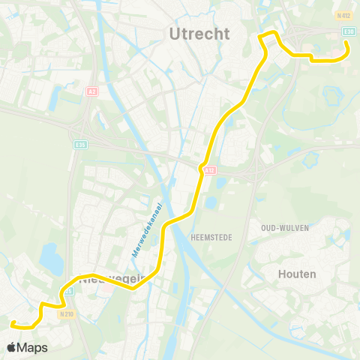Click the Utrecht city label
[199, 33]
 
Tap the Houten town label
[297, 274]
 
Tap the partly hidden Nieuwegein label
[105, 281]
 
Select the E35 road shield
[80, 144]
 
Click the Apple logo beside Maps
[11, 347]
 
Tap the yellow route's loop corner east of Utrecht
[262, 36]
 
